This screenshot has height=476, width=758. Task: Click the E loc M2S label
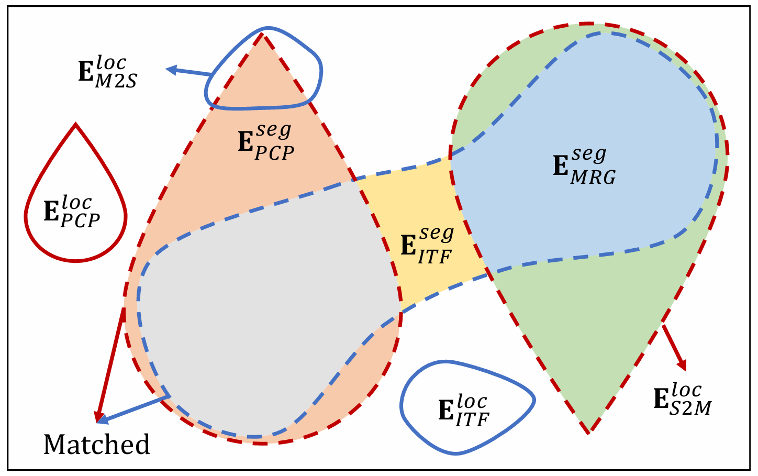coord(108,72)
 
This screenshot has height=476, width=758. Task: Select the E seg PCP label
coord(266,142)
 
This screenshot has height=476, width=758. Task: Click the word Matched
coord(97,445)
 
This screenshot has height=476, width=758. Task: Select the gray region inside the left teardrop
coord(262,293)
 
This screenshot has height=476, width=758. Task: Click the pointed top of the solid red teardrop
coord(76,125)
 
